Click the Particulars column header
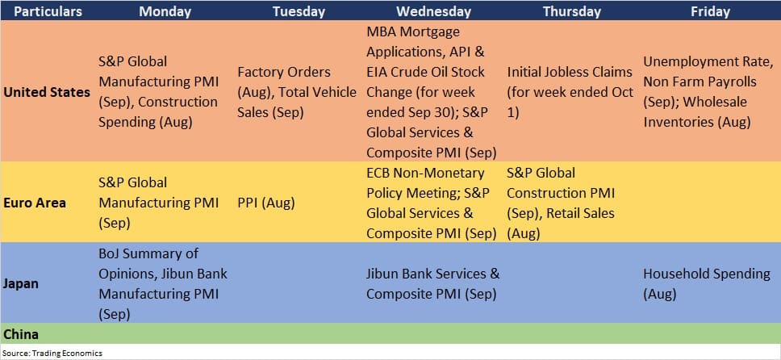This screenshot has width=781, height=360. (48, 11)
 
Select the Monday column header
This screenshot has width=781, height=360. (165, 11)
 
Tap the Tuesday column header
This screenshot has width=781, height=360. (299, 11)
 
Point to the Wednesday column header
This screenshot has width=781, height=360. (433, 11)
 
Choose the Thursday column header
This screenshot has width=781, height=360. (572, 11)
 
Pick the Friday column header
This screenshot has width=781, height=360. (710, 11)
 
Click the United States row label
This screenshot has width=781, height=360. (47, 92)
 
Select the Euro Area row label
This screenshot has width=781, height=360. (35, 203)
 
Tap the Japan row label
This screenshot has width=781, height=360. (21, 283)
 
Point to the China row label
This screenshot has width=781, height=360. (21, 333)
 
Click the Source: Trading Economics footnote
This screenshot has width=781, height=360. (52, 353)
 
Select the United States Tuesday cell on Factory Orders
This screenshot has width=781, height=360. (298, 92)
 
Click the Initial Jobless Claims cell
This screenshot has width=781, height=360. (570, 92)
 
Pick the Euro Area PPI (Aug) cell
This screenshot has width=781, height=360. (266, 203)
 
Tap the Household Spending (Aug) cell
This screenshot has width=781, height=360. (706, 283)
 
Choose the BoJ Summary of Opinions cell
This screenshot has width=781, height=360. (163, 283)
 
